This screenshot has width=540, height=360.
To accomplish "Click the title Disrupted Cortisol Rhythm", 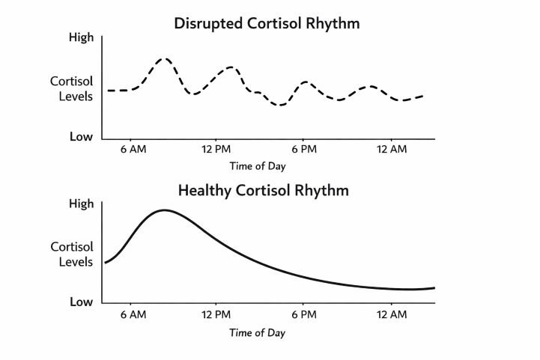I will (267, 23).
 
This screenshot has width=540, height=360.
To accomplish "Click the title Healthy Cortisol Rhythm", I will (263, 190).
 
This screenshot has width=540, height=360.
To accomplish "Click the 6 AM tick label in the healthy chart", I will (133, 316).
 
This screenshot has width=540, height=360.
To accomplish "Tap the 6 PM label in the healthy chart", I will (304, 316).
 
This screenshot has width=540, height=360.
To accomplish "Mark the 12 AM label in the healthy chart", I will (392, 316).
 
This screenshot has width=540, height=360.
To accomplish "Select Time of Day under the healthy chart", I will (257, 332).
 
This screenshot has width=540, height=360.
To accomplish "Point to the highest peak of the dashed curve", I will (165, 58).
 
